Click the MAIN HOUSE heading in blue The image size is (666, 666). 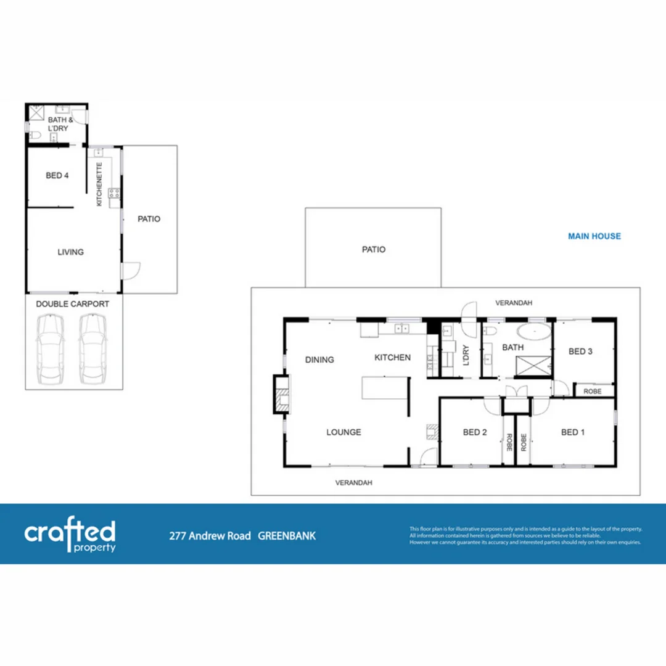pos(594,236)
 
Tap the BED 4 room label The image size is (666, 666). pos(57,176)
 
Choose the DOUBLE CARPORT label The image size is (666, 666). pos(73,304)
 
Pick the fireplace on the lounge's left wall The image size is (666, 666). pos(281,394)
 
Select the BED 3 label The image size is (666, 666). pos(580,351)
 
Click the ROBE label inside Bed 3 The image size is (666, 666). pos(593,391)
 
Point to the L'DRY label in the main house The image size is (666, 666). pos(466,357)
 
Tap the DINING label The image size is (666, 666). pos(320,360)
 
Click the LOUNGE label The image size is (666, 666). pos(343,432)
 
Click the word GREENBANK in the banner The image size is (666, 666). pos(287,536)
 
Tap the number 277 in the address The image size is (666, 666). pos(178,536)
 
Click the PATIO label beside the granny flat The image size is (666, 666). pos(149,219)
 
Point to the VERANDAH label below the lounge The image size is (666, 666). pos(354,483)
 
